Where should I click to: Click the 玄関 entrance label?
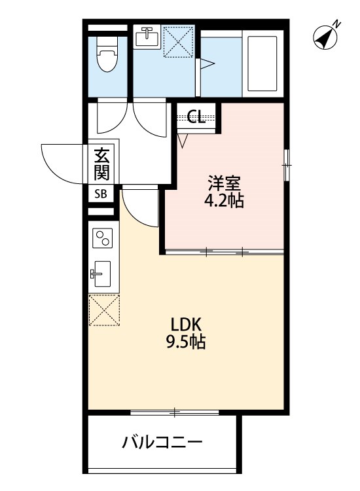point(101,164)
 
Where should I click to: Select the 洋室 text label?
point(221,181)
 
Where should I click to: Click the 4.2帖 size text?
point(223,200)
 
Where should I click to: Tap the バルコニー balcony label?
point(162,443)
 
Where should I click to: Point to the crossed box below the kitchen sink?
point(104,309)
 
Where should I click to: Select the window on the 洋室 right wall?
point(285,164)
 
